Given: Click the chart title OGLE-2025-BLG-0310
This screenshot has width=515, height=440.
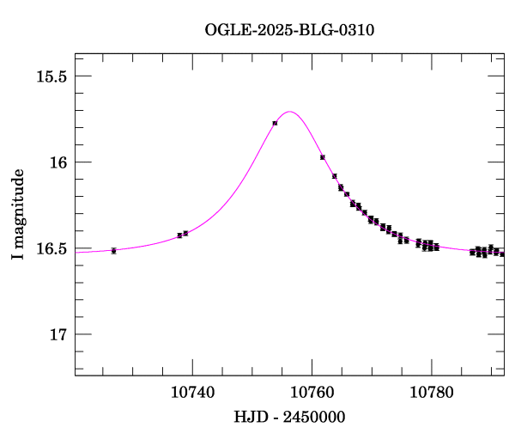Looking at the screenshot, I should point(289,30).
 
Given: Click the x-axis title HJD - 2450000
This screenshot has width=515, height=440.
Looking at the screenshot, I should point(289,417).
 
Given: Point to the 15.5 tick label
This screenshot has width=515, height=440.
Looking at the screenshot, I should point(51,76).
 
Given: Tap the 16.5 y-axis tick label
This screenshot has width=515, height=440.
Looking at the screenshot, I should point(51,248).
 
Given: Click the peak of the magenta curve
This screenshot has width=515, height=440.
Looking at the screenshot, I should point(290,112).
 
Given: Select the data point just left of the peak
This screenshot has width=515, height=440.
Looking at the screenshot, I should point(275,123).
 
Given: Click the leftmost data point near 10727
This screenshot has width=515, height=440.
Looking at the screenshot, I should point(113,251).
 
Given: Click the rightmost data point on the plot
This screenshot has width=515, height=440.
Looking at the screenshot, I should point(502,254).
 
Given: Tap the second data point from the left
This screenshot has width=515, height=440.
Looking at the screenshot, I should point(179,235).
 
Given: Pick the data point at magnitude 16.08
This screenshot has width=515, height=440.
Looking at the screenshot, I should point(335,176).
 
